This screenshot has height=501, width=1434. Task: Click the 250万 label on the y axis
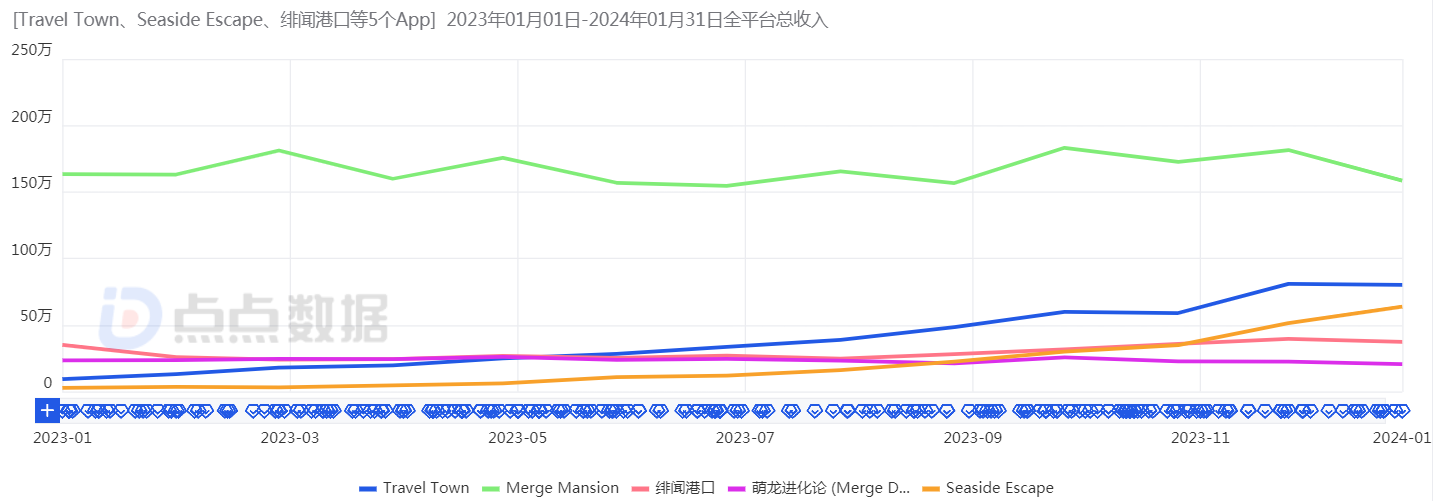coord(31,51)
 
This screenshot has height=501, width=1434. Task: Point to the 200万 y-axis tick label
coord(31,118)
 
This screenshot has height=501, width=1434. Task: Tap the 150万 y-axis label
coord(31,184)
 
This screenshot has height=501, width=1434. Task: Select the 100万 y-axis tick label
coord(31,250)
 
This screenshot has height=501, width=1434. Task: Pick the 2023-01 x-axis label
coord(62,437)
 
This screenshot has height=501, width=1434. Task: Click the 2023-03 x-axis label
coord(290,437)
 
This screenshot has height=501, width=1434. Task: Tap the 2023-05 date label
coord(517,437)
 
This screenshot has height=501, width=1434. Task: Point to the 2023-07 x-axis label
coord(745,437)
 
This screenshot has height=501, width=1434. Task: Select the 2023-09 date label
coord(972,437)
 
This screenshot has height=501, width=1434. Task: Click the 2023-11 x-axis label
coord(1200,437)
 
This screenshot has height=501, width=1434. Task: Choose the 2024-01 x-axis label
coord(1403,437)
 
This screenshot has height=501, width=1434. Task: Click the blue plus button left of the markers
coord(47,411)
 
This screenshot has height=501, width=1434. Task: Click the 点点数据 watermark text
coord(280,318)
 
